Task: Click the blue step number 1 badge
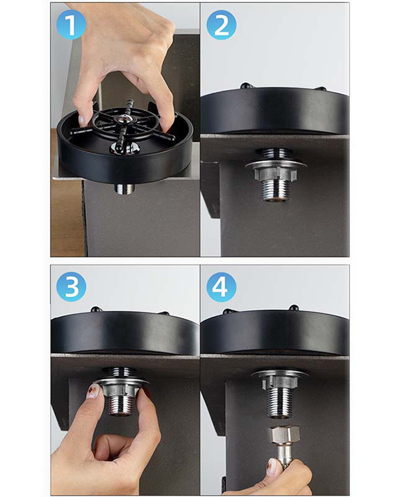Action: coord(71,25)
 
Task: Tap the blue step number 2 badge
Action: coord(221,25)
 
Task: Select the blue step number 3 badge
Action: coord(71,286)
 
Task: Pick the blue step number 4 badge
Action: coord(221,286)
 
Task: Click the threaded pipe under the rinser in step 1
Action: coord(124,190)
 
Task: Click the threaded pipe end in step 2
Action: coord(276,190)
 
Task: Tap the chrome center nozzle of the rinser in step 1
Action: coord(124,118)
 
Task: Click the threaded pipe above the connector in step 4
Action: coord(279,402)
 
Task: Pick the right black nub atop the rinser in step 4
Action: coord(294,307)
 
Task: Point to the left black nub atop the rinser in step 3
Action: coord(96,309)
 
